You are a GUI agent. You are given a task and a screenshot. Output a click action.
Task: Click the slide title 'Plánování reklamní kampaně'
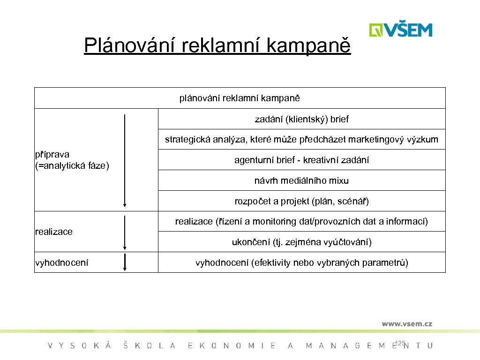coord(217,45)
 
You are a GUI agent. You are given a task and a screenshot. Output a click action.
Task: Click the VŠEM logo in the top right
coord(400,30)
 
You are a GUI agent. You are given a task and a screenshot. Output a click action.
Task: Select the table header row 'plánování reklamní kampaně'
coord(240,98)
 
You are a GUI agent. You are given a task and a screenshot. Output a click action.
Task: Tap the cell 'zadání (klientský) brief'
coord(301,119)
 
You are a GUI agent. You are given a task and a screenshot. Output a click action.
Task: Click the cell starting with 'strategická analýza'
coord(301,139)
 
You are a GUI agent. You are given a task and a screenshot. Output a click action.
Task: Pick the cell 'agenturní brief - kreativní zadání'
coord(301,160)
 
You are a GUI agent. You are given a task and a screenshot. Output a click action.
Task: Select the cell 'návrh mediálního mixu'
coord(301,180)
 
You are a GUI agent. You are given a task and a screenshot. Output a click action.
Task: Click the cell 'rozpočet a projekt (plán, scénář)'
coord(301,201)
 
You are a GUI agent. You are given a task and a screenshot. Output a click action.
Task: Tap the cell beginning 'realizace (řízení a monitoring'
coord(301,221)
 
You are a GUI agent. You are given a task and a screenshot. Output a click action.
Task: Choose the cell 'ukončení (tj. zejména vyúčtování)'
coord(301,242)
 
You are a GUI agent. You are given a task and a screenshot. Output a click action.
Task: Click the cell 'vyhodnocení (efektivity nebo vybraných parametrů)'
coord(301,262)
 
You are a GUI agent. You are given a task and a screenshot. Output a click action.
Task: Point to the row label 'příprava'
coord(52,155)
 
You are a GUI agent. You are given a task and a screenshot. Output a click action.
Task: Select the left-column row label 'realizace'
coord(54,232)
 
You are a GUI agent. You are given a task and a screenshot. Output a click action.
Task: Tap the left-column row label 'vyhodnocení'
coord(61,262)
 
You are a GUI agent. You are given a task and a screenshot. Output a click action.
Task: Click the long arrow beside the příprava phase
coord(125,160)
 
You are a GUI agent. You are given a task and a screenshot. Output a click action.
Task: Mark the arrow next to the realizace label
coord(125,232)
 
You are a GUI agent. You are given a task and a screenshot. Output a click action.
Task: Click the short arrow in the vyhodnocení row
coord(125,262)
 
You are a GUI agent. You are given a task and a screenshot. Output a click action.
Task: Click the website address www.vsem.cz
coord(406,323)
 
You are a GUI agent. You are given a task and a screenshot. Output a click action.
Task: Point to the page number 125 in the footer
coord(400,344)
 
